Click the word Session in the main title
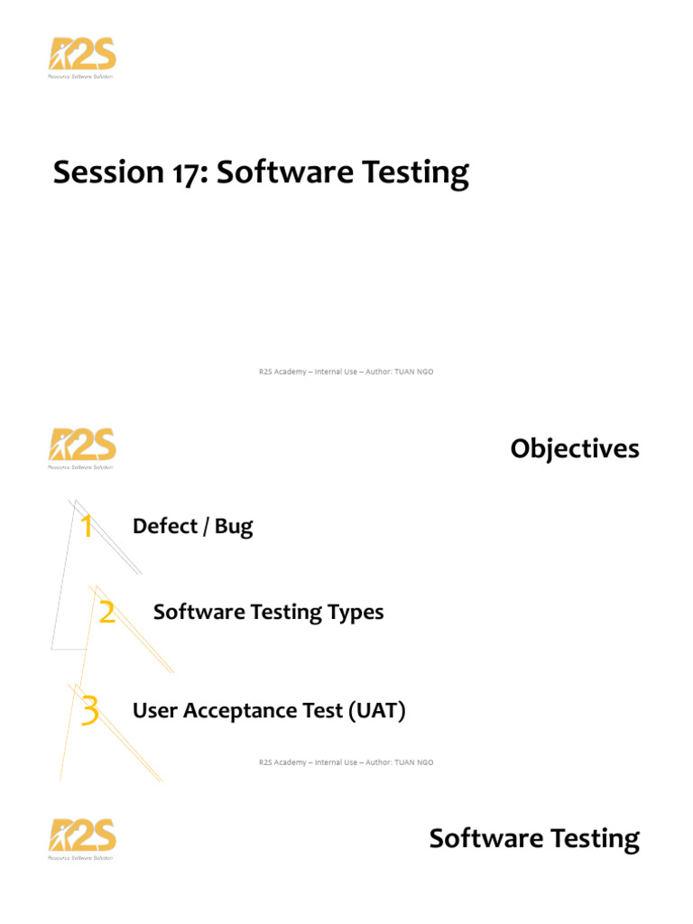tap(108, 172)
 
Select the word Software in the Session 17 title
tap(284, 171)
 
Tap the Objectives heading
tap(575, 449)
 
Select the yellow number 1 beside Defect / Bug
tap(87, 526)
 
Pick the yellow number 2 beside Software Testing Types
tap(106, 612)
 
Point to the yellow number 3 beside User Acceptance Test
tap(89, 710)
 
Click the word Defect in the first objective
tap(165, 526)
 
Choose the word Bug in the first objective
tap(234, 527)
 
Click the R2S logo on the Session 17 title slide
tap(82, 58)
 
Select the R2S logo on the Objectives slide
tap(82, 448)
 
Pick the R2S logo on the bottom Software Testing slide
tap(82, 839)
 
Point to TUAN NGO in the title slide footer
tap(413, 372)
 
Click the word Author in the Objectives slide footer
tap(378, 762)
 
